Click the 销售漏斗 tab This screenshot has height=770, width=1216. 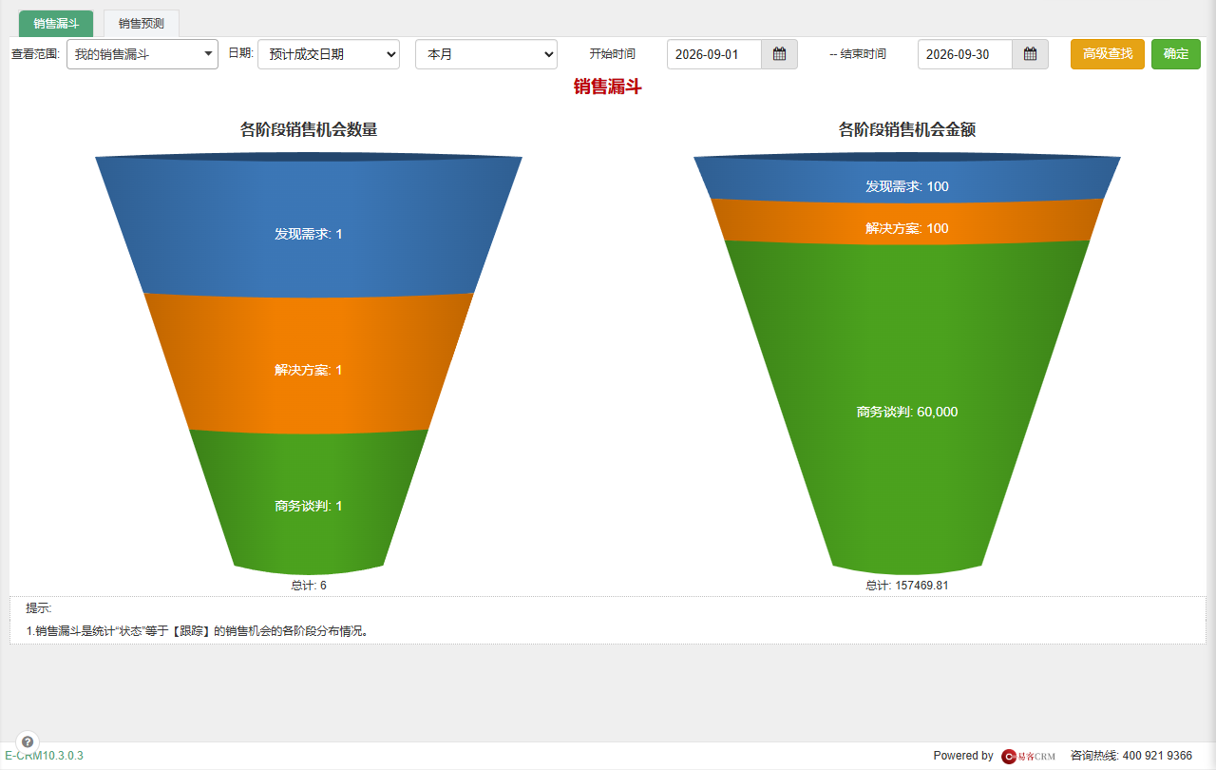point(56,24)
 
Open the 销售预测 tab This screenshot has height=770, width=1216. point(142,24)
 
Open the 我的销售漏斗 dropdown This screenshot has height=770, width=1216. point(142,54)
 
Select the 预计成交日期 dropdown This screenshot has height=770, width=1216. point(329,54)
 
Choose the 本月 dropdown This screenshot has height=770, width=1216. point(485,54)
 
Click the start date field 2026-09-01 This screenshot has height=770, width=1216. point(713,54)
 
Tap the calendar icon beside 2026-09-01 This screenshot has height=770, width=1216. point(780,54)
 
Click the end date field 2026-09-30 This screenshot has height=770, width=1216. point(964,54)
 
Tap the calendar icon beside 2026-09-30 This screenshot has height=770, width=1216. point(1031,54)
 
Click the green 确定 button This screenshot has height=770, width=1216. point(1176,54)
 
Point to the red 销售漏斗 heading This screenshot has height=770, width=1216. point(607,87)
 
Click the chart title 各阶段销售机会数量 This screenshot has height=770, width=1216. point(309,129)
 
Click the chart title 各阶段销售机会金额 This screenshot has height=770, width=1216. point(906,129)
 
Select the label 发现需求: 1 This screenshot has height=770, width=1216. point(309,234)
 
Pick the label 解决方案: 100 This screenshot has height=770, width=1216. point(906,228)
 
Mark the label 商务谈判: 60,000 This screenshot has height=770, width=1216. point(906,412)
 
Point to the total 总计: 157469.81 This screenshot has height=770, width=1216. point(906,586)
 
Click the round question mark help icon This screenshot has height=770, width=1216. point(28,741)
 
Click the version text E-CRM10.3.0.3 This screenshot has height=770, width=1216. point(44,756)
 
